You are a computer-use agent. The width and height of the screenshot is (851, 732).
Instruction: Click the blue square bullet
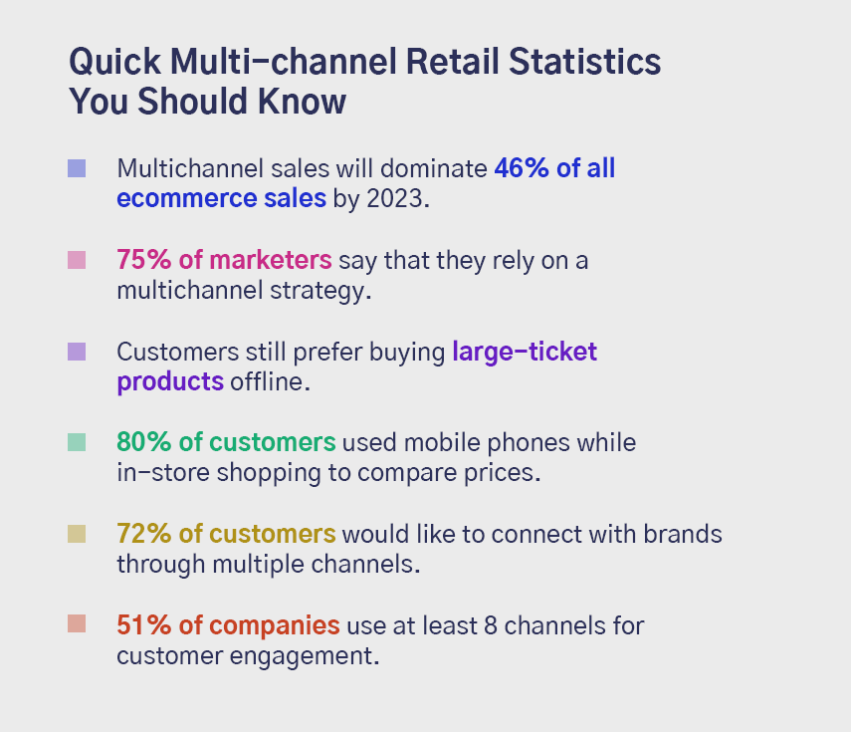coord(77,168)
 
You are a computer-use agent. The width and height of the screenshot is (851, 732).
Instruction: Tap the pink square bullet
coord(77,260)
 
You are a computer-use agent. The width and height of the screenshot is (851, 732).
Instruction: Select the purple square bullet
coord(77,352)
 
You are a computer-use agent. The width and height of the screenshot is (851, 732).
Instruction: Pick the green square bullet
coord(77,442)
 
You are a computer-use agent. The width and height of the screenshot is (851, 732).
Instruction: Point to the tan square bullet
coord(77,534)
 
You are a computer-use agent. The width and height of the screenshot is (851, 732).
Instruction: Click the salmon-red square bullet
coord(77,623)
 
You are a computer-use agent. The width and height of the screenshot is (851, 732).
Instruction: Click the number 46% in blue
coord(522,168)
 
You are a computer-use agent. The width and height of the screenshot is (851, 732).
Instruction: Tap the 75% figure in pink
coord(143,260)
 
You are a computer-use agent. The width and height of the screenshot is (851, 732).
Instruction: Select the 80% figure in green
coord(143,442)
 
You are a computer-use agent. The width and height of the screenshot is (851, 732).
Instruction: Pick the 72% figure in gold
coord(143,534)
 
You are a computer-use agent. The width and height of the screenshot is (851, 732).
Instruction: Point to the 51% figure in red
coord(143,625)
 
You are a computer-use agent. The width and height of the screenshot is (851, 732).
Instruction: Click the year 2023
coord(394,198)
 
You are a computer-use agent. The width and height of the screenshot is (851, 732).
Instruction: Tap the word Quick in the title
coord(115,62)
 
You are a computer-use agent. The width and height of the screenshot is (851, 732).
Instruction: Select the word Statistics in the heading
coord(584,61)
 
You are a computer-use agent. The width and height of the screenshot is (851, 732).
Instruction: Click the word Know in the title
coord(302,101)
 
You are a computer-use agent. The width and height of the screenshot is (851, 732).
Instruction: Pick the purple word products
coord(170,382)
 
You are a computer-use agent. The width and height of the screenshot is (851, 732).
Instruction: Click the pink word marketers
coord(271,260)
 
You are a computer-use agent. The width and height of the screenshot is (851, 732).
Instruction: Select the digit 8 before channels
coord(491,625)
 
